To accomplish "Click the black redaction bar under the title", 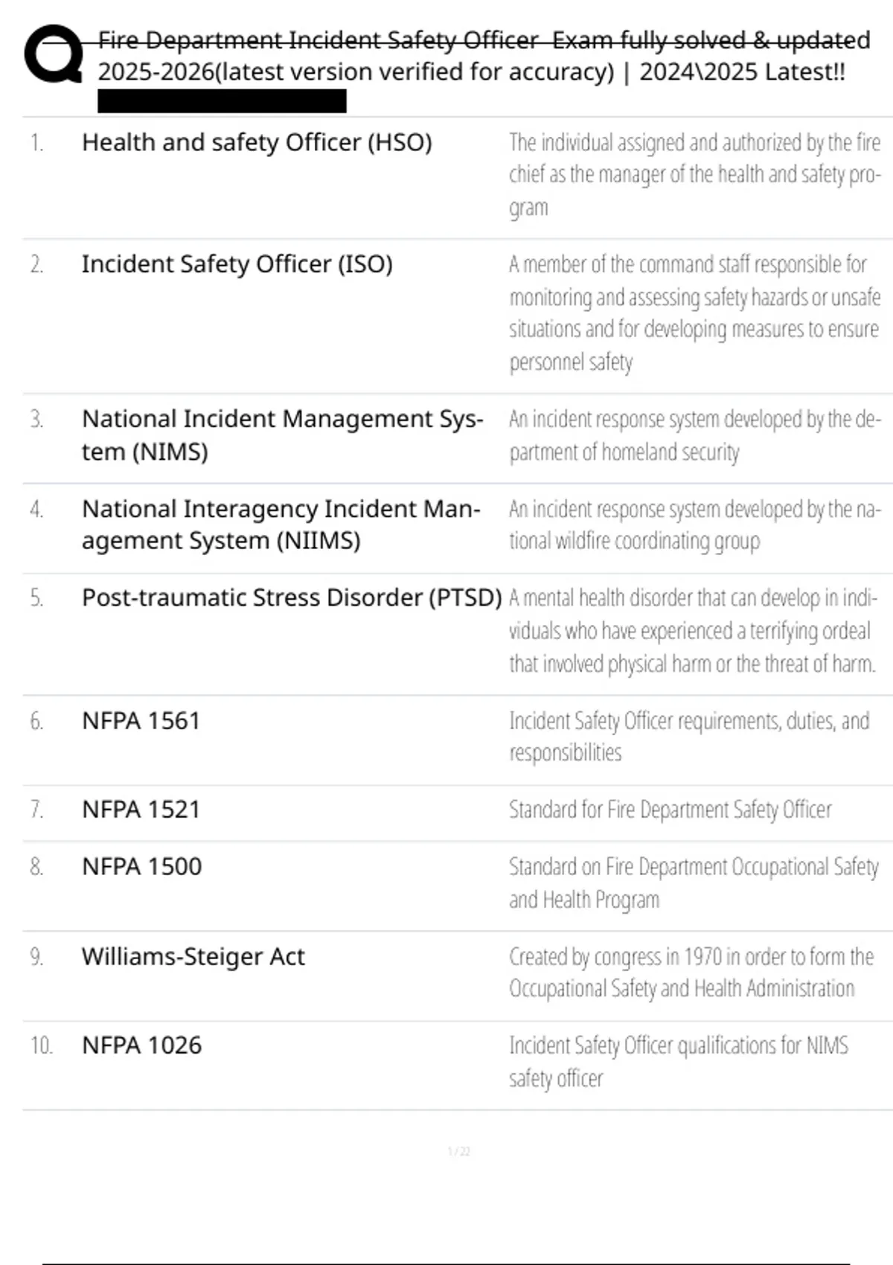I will pos(222,101).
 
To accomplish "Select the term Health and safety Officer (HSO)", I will pos(257,142).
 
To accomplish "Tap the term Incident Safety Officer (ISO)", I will pos(237,264).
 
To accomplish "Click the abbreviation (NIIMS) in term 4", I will pos(319,541).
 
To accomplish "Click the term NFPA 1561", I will pos(141,721).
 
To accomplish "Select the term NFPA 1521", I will pos(141,810).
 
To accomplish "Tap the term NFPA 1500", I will pos(141,867).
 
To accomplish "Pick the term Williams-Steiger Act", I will pos(193,957).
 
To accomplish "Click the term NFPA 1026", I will pos(141,1045).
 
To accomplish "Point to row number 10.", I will pos(41,1045).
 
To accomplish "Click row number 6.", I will pos(36,721).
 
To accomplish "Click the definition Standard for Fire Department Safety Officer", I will pos(670,810).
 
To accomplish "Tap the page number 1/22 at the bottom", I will pos(458,1152).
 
